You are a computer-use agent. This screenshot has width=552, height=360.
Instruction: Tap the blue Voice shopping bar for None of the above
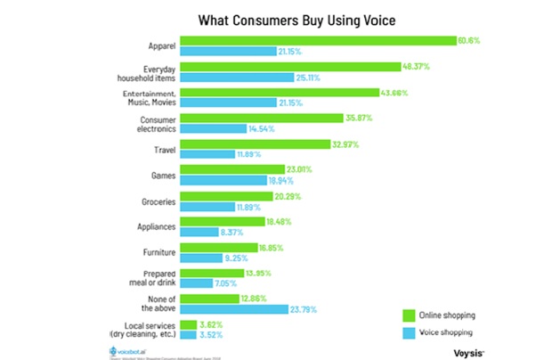[x=233, y=309]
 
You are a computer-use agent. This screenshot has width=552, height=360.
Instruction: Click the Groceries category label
[x=155, y=200]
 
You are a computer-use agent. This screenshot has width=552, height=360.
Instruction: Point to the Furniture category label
[x=156, y=252]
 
